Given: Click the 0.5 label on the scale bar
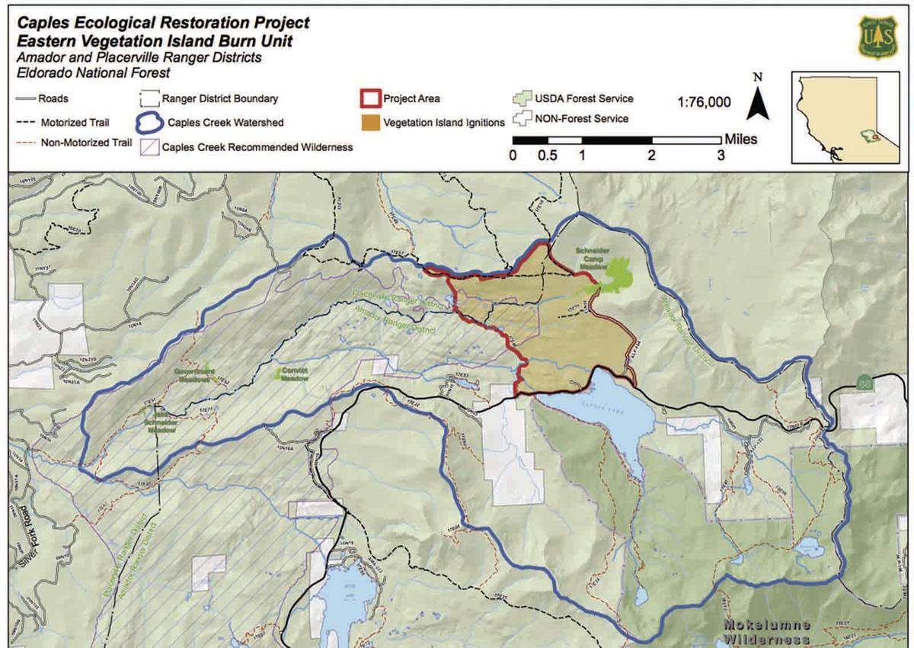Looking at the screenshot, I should click(x=547, y=155).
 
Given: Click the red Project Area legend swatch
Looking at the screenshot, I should click(x=369, y=99).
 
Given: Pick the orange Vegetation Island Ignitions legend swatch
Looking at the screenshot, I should click(x=369, y=121).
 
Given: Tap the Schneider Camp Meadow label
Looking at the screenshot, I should click(x=590, y=258).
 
